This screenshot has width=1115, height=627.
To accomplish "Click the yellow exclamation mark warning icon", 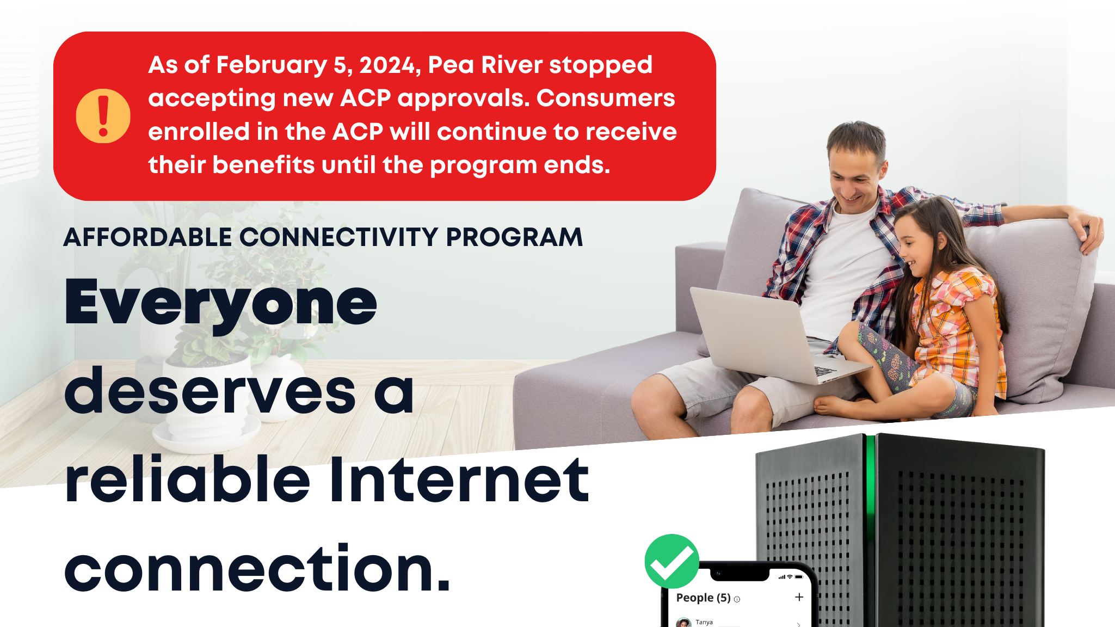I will (103, 116).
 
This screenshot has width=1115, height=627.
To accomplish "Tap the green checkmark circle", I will (672, 561).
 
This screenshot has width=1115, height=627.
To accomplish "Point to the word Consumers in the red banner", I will (606, 99).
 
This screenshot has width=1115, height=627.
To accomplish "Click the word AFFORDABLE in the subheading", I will (148, 237).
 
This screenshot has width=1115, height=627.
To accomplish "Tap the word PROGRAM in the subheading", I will (514, 237).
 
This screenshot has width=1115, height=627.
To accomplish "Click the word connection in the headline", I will (250, 569).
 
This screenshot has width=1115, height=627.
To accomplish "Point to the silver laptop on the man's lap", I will (762, 332).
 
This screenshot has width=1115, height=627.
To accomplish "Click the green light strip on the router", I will (870, 490).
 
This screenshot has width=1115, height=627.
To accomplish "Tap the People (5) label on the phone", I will (703, 598).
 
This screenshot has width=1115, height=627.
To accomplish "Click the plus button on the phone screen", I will (799, 597).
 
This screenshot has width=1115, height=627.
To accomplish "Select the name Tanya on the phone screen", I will (704, 622).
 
